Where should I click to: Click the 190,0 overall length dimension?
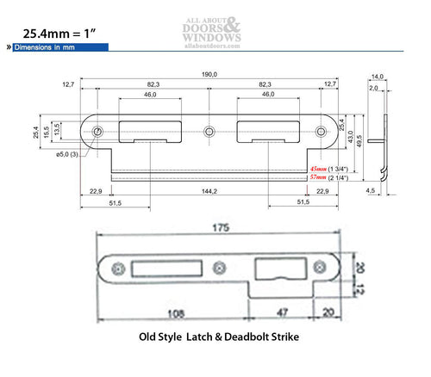[209, 75]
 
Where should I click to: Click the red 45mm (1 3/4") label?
[331, 169]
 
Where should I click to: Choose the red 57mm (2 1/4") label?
[331, 178]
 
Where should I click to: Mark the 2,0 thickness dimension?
[372, 88]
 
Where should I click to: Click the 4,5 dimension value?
[371, 192]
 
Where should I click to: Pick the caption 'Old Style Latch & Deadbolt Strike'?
[218, 337]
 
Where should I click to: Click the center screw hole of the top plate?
[208, 133]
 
